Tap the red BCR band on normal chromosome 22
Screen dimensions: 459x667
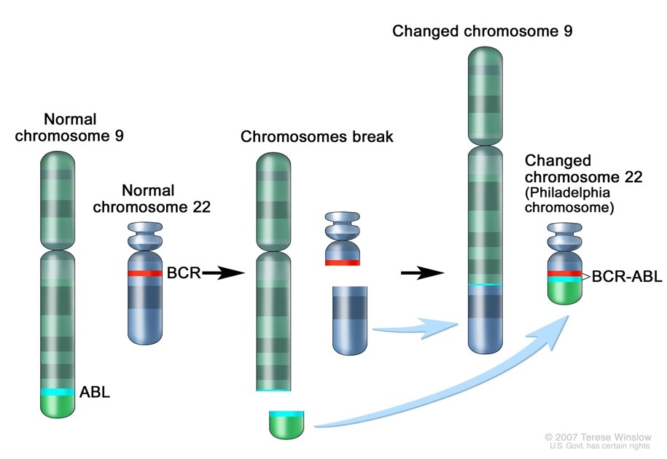[145, 273]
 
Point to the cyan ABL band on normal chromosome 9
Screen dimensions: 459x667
[57, 392]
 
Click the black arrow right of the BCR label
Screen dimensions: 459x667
[222, 273]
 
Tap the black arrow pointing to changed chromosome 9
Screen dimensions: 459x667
[422, 273]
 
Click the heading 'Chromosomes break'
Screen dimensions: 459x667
[317, 137]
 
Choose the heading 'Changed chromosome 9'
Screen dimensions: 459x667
[483, 31]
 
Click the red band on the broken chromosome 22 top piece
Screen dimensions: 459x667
[342, 262]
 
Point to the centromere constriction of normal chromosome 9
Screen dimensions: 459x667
[57, 250]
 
